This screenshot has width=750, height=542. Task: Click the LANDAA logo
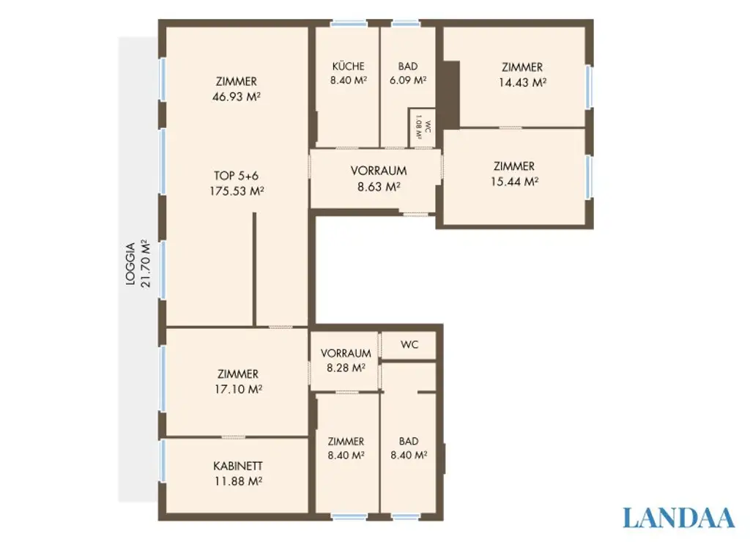click(x=678, y=517)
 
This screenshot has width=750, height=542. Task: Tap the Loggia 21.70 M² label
click(x=137, y=264)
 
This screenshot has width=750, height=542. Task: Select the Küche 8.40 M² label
click(x=348, y=73)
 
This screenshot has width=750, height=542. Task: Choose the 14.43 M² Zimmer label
click(x=522, y=75)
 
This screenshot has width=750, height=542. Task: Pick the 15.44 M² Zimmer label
click(x=514, y=174)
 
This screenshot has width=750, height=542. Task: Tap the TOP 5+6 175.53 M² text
click(x=236, y=183)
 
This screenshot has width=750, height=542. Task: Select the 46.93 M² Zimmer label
click(x=236, y=89)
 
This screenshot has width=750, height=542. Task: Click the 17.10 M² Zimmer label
click(x=237, y=381)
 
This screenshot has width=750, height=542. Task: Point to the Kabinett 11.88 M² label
click(x=237, y=473)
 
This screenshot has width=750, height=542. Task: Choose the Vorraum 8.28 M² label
click(x=346, y=360)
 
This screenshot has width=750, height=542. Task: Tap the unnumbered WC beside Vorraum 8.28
click(x=409, y=345)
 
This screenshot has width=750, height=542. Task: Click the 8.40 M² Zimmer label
click(x=346, y=448)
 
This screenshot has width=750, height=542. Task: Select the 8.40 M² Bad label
click(x=409, y=448)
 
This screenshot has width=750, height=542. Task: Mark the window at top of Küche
click(x=349, y=23)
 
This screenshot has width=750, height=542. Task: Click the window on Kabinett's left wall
click(x=162, y=461)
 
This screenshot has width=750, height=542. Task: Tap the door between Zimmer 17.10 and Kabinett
click(x=234, y=437)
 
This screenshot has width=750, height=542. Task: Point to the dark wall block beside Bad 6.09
click(x=450, y=94)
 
